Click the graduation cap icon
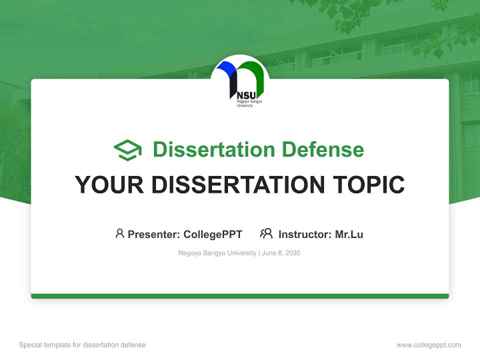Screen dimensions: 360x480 coord(127,150)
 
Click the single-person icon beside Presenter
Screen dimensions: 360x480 coord(119,233)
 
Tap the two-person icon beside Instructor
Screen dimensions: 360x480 coord(266,233)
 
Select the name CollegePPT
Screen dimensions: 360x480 coord(213,234)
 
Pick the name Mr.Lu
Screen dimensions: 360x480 coord(349,234)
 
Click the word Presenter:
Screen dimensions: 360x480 coord(154,234)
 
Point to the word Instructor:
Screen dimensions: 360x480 coord(305,234)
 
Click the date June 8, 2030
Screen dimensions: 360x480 coord(281,253)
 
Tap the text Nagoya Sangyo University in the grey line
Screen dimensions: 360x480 coord(217,253)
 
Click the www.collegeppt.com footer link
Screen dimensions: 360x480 coord(428,345)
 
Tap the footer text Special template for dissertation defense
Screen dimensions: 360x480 coord(82,345)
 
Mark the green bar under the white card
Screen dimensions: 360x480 coord(240,296)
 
